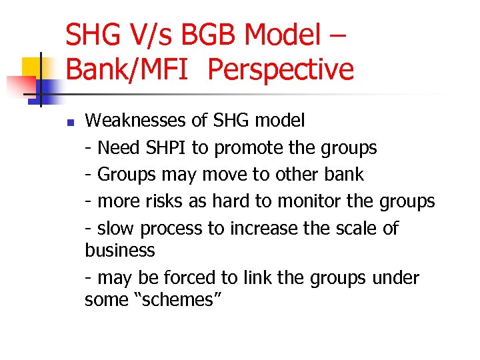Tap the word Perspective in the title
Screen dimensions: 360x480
(281, 69)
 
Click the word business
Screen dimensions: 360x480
(120, 251)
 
